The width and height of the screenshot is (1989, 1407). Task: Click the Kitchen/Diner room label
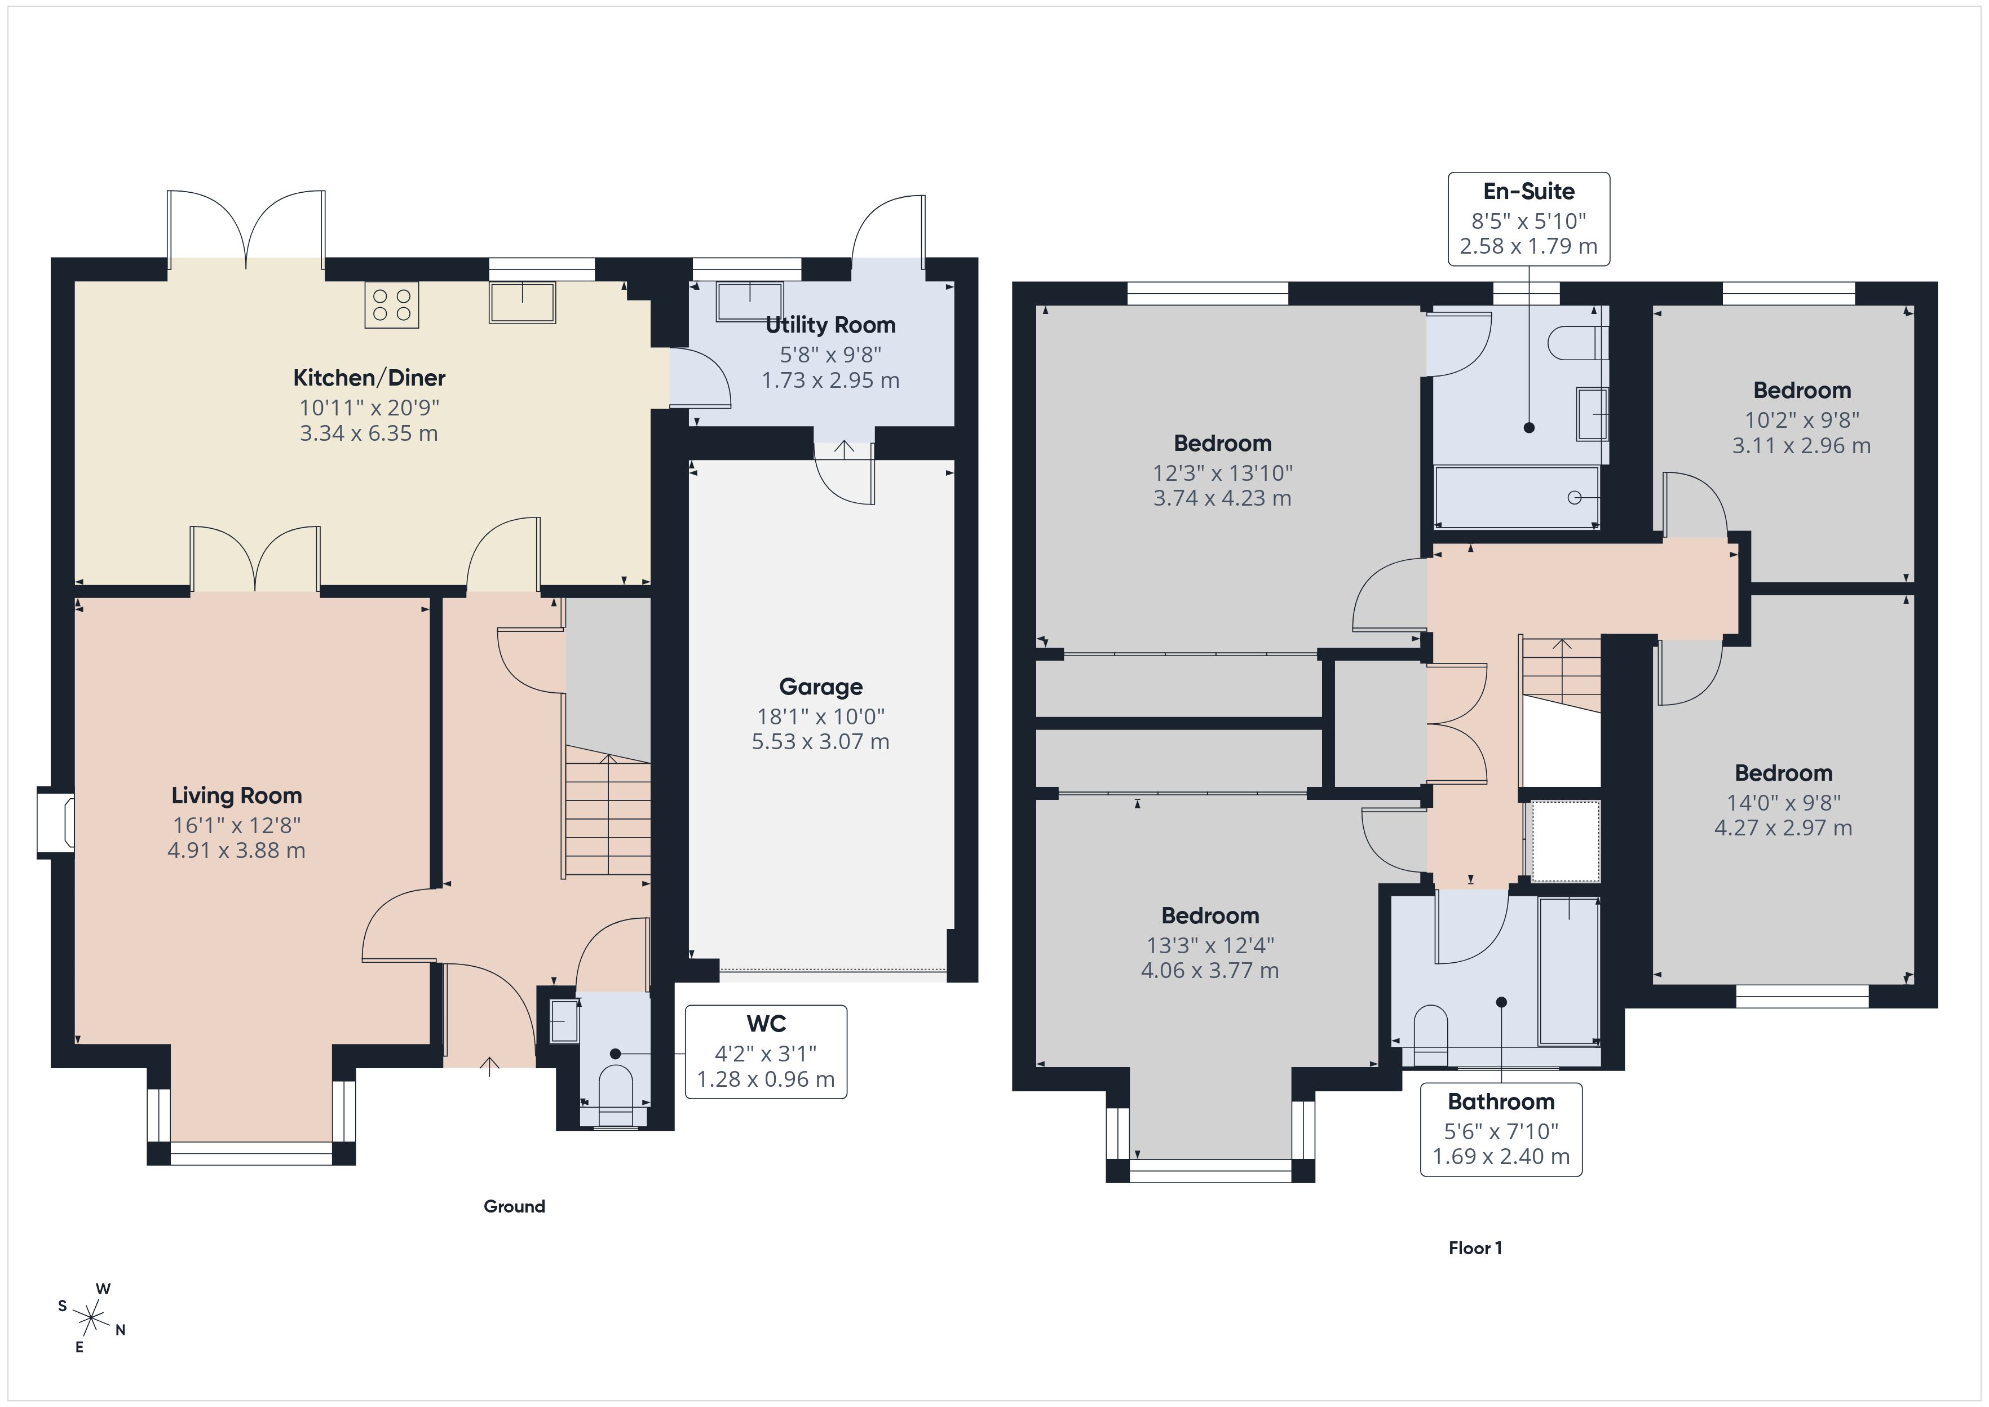pyautogui.click(x=369, y=378)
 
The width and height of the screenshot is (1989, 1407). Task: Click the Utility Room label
pyautogui.click(x=830, y=325)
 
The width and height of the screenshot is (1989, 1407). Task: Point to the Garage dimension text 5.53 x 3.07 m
pyautogui.click(x=820, y=742)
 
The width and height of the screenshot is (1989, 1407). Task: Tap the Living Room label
pyautogui.click(x=236, y=795)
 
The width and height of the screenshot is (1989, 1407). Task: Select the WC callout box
pyautogui.click(x=766, y=1052)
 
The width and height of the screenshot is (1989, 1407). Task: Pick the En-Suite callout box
pyautogui.click(x=1528, y=218)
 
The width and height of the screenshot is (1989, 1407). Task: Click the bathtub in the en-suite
pyautogui.click(x=1516, y=497)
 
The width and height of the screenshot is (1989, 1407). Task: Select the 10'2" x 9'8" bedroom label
pyautogui.click(x=1801, y=390)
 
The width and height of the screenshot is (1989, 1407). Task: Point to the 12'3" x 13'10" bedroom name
pyautogui.click(x=1222, y=444)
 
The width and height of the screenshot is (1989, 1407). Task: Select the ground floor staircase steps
pyautogui.click(x=607, y=815)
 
